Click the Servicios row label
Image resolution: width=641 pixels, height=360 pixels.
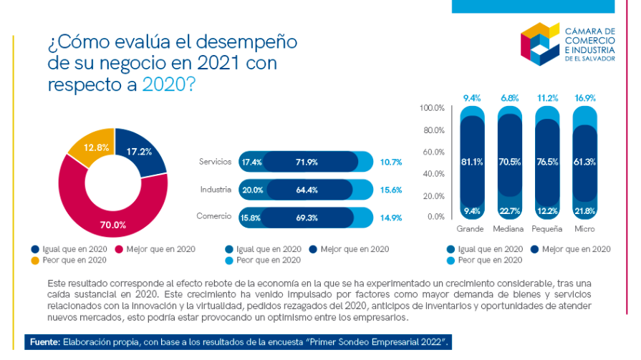tap(215, 162)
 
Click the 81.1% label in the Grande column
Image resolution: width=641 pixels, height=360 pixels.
tap(471, 162)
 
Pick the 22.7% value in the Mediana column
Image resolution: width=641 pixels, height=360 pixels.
tap(509, 210)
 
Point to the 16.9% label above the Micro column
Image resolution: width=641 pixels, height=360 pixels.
tap(585, 97)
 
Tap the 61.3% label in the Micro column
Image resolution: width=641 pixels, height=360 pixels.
tap(585, 162)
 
